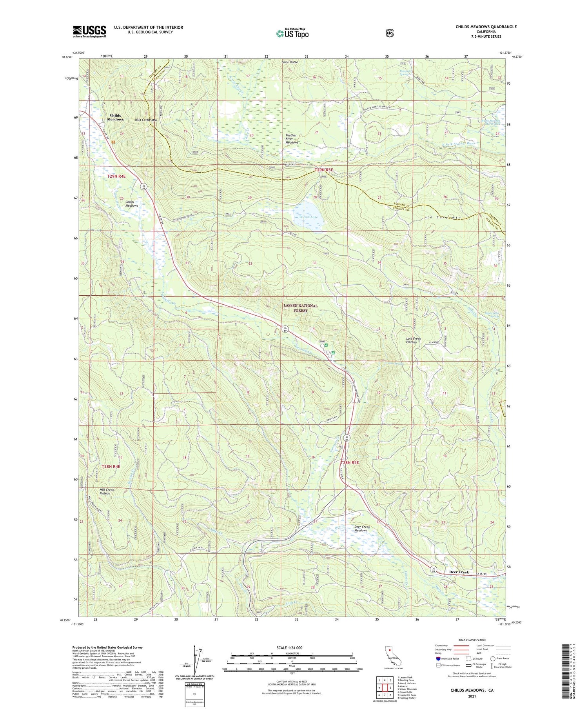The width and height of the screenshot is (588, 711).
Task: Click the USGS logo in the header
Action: point(89,31)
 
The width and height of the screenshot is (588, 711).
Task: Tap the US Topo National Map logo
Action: point(292,33)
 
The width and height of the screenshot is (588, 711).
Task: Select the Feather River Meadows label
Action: point(291,139)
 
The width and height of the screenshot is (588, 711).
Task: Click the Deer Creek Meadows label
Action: point(360,528)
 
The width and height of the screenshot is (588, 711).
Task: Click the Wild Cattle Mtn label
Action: point(145,120)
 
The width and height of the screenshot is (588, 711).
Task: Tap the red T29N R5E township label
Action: point(324,170)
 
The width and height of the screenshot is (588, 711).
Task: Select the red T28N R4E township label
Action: point(111,466)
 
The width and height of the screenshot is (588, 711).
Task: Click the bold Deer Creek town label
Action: point(459,572)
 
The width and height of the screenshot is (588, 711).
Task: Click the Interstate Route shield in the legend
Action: point(438,658)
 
